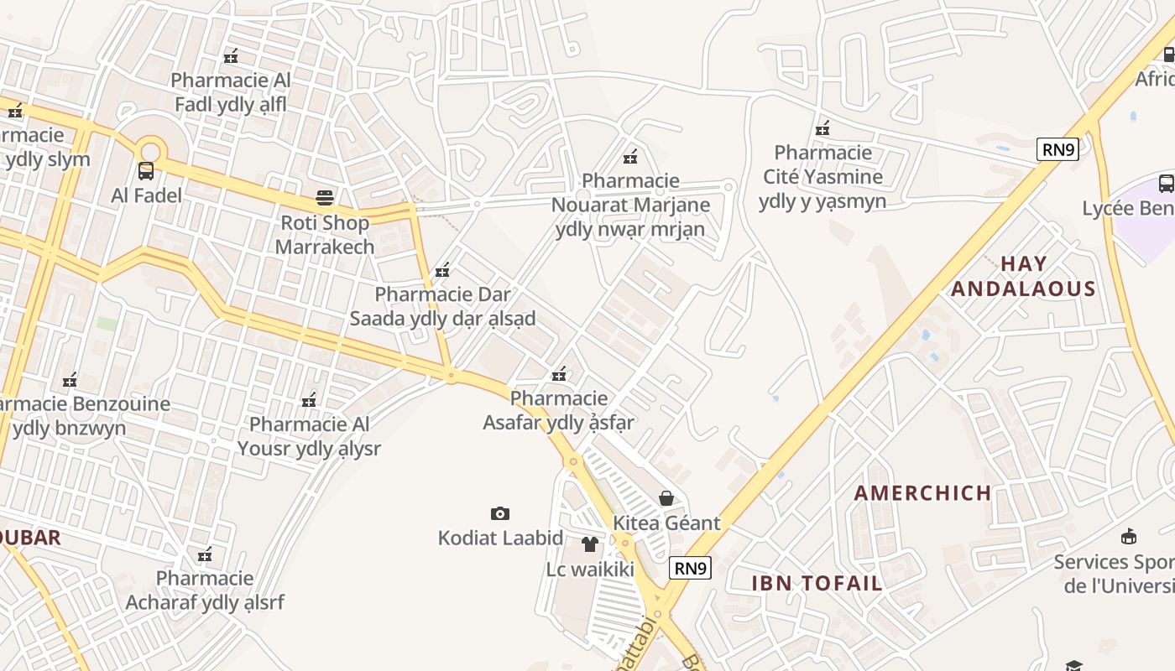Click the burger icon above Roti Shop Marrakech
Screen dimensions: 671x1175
click(x=325, y=198)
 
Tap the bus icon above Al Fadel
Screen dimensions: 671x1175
click(x=146, y=171)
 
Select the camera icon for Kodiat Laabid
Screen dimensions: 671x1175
click(x=499, y=513)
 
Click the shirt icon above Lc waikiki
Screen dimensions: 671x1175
click(x=589, y=544)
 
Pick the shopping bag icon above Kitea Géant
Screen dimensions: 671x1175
click(x=666, y=498)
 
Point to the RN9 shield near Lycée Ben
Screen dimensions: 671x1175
click(x=1057, y=150)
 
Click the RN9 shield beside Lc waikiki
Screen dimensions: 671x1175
click(x=691, y=568)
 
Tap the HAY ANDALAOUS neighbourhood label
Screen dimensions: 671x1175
click(x=1024, y=277)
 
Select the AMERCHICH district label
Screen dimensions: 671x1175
click(x=923, y=493)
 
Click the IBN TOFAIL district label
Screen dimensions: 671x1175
click(x=817, y=584)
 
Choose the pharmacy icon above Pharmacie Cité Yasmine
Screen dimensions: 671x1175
click(x=822, y=128)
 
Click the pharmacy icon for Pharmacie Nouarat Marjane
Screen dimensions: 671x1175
click(x=630, y=156)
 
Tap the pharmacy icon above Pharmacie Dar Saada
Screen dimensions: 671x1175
click(x=442, y=270)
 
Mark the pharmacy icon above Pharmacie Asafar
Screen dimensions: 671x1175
click(x=559, y=374)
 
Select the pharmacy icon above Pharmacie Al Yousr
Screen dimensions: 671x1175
click(x=309, y=400)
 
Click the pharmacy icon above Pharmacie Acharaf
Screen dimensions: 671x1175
click(x=205, y=554)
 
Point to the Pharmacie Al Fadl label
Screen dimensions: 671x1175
click(x=231, y=92)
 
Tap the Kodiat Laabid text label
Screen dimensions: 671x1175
click(x=499, y=538)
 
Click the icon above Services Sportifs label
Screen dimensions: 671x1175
click(x=1129, y=537)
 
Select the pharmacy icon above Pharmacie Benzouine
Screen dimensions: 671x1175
click(x=70, y=380)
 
